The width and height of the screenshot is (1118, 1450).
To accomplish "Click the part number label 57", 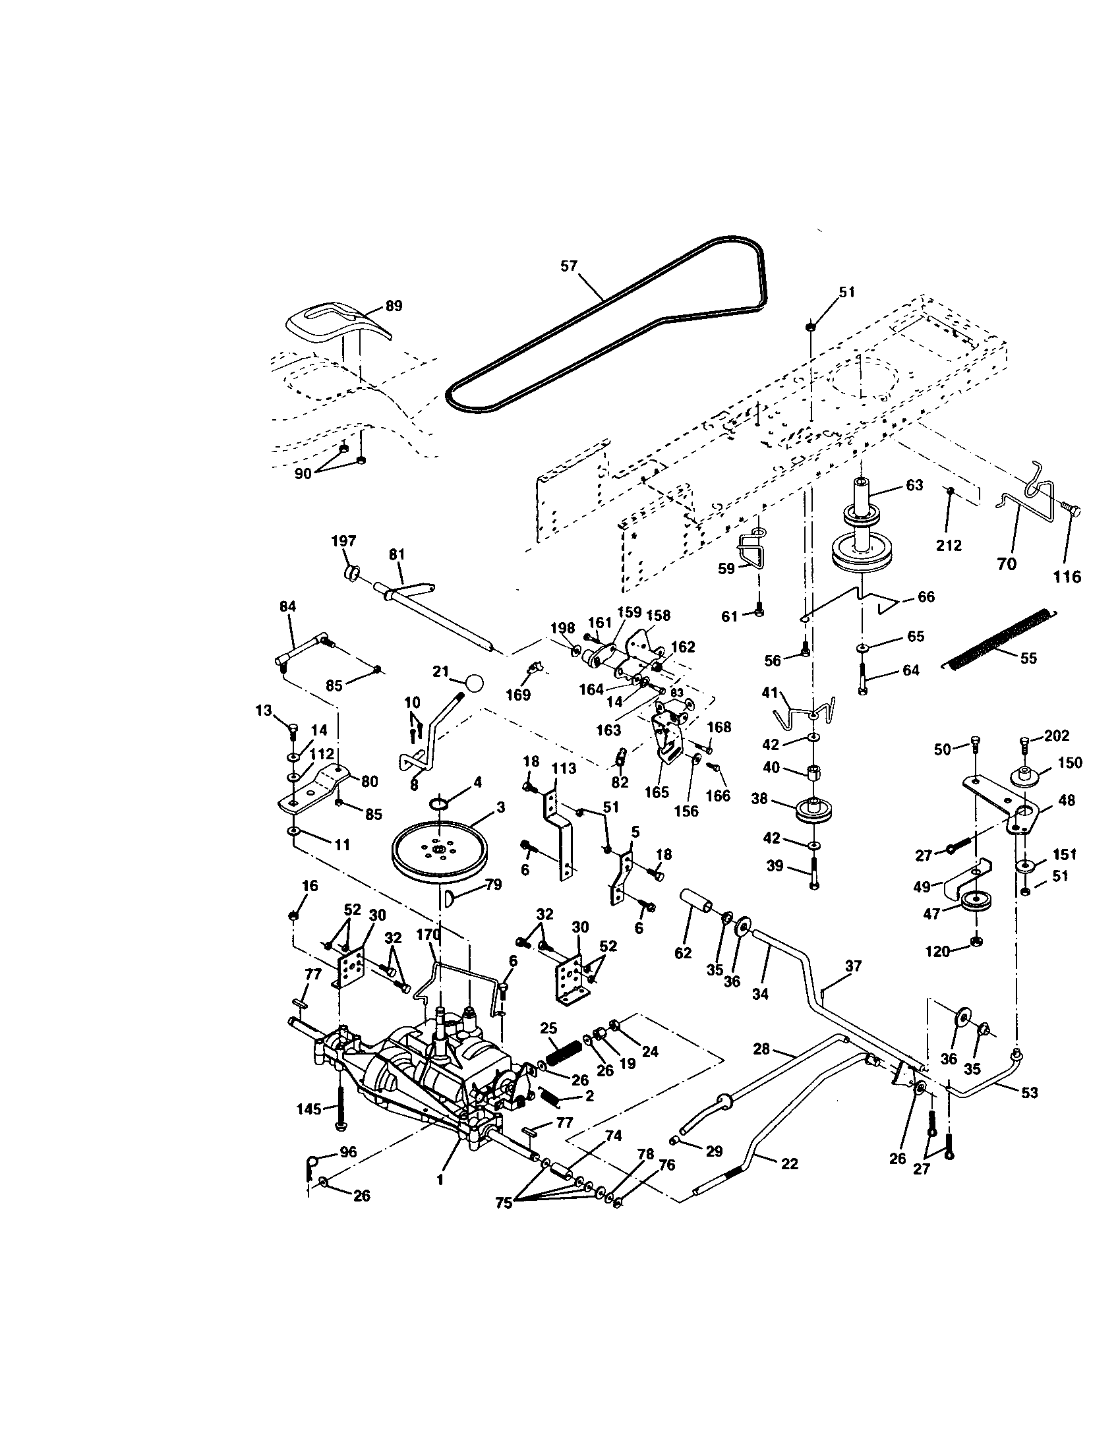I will pos(569,266).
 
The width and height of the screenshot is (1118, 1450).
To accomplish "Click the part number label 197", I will pos(344,540).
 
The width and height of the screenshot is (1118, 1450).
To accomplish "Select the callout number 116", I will pos(1066,577).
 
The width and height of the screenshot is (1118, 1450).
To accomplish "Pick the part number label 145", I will pos(309,1109).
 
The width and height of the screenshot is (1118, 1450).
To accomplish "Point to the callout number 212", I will pos(949,545).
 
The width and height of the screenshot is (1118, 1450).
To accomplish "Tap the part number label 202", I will pos(1057,736).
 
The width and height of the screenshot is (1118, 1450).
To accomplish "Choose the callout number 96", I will pos(348,1152).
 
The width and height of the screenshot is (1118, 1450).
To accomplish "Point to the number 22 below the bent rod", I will pos(790,1164).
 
